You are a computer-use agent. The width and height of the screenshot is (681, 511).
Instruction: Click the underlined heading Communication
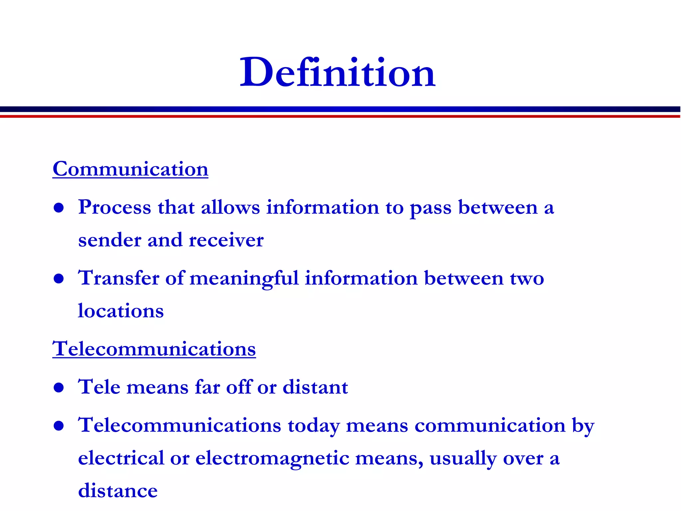(130, 169)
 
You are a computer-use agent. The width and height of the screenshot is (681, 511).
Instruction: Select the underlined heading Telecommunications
(154, 349)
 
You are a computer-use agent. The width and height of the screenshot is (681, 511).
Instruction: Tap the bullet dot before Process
(59, 208)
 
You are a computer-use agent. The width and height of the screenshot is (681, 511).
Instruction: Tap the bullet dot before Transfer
(59, 279)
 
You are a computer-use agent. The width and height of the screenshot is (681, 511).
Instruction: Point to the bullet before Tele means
(59, 388)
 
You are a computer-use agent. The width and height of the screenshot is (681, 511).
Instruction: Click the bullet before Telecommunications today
(59, 426)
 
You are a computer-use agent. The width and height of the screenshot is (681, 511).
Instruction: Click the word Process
(114, 208)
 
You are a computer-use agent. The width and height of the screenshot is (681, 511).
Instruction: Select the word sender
(109, 240)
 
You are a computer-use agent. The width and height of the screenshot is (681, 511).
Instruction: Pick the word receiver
(226, 240)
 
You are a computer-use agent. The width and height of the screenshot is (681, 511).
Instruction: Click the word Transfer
(118, 278)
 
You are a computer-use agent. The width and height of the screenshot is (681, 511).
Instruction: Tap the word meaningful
(244, 279)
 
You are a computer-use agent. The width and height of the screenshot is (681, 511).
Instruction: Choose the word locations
(121, 311)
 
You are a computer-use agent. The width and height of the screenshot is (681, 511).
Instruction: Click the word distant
(315, 387)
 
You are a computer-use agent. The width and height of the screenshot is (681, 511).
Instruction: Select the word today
(314, 426)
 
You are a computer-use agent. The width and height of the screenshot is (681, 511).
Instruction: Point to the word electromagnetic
(272, 459)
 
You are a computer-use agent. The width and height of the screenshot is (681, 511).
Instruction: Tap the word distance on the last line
(118, 491)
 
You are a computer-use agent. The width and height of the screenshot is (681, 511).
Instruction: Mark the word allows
(230, 208)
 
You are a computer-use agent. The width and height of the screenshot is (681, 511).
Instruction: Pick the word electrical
(121, 458)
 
